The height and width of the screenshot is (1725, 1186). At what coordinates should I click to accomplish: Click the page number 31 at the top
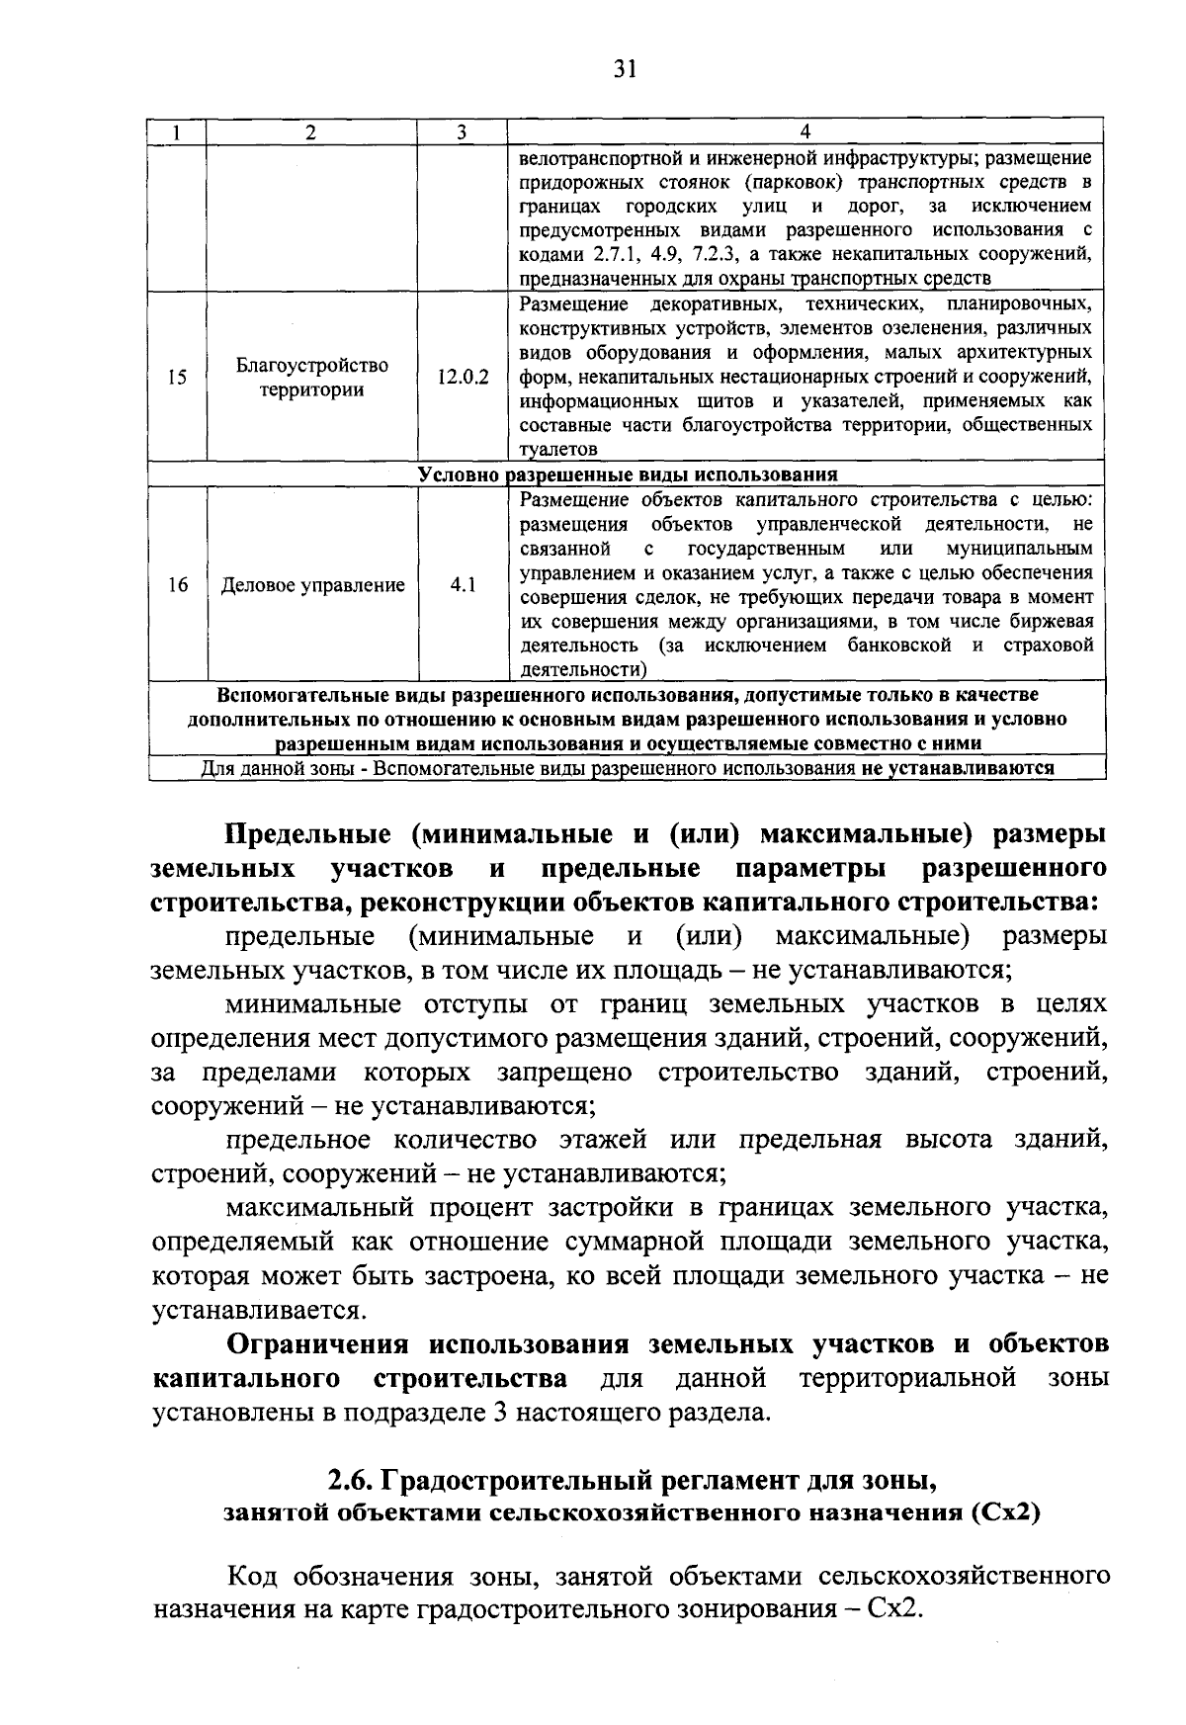[625, 68]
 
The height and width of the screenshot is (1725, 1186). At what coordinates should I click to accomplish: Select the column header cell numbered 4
[805, 132]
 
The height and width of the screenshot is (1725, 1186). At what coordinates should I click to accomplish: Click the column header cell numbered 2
[310, 132]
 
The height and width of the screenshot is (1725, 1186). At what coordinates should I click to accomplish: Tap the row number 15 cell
[177, 377]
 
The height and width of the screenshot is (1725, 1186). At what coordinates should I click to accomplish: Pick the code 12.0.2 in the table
[463, 377]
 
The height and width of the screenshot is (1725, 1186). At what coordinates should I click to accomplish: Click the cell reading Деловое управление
[312, 585]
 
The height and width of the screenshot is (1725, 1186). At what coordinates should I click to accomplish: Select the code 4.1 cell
[463, 585]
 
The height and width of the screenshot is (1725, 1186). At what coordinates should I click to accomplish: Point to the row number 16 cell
[177, 585]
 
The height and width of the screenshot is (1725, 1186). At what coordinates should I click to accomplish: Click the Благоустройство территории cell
[312, 377]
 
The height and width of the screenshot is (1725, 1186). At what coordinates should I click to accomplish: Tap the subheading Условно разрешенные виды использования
[627, 474]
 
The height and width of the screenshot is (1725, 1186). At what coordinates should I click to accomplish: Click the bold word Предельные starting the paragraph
[309, 834]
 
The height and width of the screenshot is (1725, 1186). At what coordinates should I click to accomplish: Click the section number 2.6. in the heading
[350, 1483]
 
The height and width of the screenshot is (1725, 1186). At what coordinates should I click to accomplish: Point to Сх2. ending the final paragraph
[892, 1609]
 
